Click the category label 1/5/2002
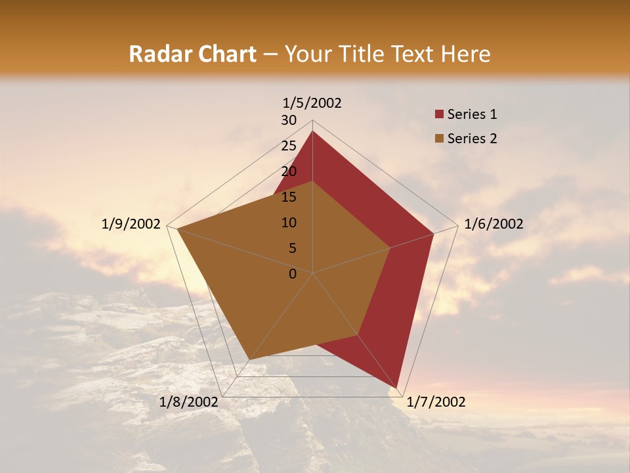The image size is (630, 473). tap(312, 103)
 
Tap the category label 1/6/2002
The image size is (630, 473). tap(493, 224)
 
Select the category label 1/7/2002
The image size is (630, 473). tap(436, 402)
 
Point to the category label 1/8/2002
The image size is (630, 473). tap(189, 402)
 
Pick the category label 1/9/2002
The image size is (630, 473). tap(131, 224)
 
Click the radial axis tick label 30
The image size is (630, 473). tap(289, 120)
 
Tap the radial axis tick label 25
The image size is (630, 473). tap(289, 146)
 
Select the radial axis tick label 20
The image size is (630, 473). tap(289, 171)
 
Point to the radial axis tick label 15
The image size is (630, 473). tap(289, 197)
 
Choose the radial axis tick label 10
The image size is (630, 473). tap(289, 223)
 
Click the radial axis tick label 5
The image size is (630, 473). tap(292, 248)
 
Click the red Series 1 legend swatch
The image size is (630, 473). tap(439, 115)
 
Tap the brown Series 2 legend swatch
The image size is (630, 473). tap(439, 139)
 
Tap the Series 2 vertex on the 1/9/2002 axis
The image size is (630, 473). tap(177, 229)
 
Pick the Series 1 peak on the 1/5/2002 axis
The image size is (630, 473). tap(312, 131)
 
